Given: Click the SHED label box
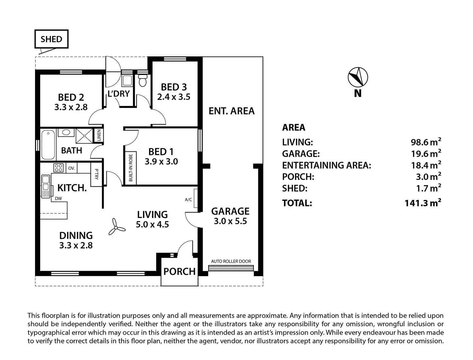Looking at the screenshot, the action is point(51,39).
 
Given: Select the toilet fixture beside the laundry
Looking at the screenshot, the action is point(142,80).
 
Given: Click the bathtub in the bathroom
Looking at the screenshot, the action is point(48,144).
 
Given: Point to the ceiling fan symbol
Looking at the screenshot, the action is point(116,227).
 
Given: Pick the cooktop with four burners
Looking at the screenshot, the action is point(58,168).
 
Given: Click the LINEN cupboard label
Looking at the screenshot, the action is point(99,135).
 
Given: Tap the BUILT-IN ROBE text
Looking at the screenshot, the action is point(130,168).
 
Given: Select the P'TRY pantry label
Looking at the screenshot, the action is point(96,175).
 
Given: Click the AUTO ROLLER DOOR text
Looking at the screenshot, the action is point(231,261).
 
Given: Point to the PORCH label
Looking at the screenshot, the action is point(179,272).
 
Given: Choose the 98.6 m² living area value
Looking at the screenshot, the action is point(426,142).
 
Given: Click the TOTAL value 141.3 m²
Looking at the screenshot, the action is point(423,203).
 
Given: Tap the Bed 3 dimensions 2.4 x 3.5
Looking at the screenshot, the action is point(174,97).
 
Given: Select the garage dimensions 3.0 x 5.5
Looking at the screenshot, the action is point(230,221).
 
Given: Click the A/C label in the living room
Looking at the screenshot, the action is point(188,200).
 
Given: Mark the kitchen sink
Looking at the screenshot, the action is point(45,186).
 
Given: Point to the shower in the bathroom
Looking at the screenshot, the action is point(84,136).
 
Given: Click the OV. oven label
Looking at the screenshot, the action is point(72,168).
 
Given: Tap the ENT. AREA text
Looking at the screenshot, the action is point(231,111).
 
